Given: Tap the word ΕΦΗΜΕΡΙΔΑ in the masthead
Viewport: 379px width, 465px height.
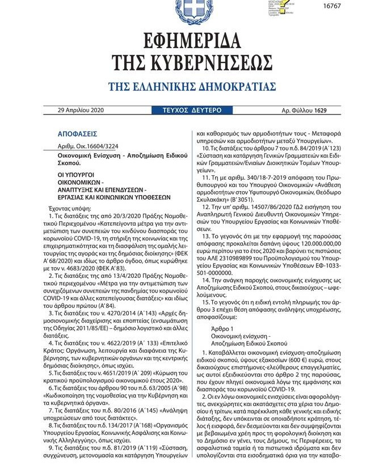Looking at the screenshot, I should click(189, 43).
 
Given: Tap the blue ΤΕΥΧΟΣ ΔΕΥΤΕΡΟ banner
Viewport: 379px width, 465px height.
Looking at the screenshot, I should click(189, 109).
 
